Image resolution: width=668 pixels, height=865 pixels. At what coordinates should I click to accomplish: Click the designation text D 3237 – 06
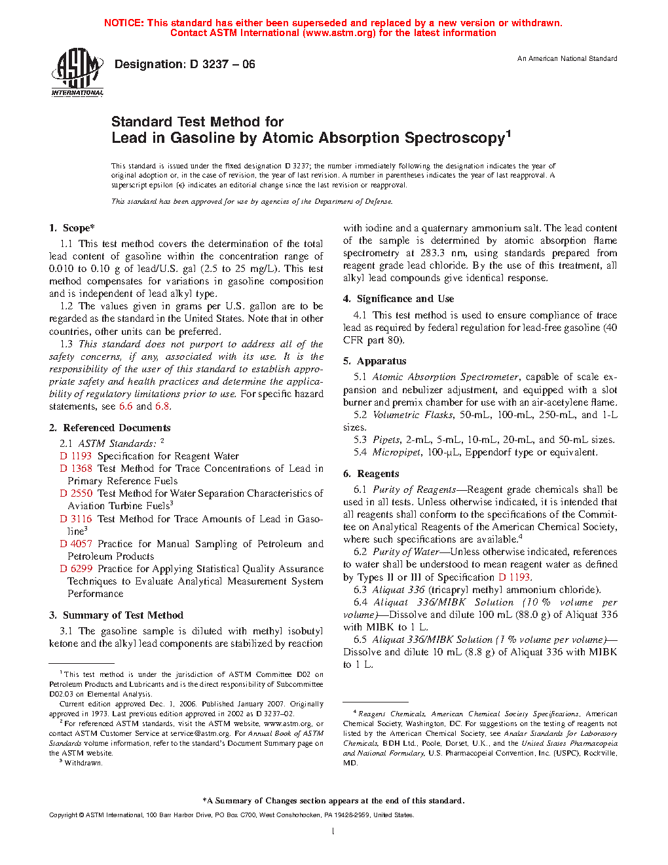click(x=185, y=64)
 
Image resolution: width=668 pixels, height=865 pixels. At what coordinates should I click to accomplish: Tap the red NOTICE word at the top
click(x=124, y=23)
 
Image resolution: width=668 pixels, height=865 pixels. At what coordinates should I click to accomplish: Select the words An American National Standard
click(x=567, y=58)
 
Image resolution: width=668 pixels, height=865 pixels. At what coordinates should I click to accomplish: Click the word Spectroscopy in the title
click(x=455, y=138)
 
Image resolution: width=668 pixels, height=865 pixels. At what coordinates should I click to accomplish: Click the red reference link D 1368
click(x=76, y=469)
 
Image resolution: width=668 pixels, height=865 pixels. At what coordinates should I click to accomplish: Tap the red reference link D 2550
click(x=76, y=493)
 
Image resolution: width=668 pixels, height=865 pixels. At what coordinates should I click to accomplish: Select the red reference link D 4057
click(x=76, y=544)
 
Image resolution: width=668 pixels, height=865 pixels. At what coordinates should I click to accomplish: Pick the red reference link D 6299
click(x=76, y=569)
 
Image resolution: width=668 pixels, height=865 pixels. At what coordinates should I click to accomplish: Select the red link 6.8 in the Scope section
click(x=162, y=406)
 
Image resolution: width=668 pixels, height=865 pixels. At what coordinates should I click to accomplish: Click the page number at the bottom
click(x=333, y=832)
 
